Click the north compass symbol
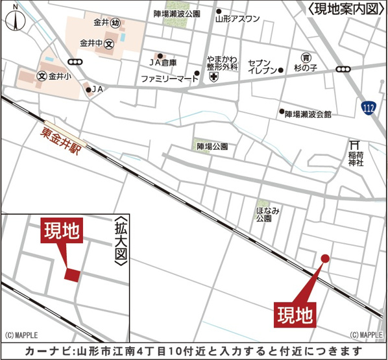coord(14,18)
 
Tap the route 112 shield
coord(369,107)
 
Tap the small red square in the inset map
coord(73,274)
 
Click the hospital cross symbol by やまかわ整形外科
coord(213,78)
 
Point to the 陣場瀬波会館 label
coord(308,114)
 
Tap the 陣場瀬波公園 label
coord(177,13)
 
